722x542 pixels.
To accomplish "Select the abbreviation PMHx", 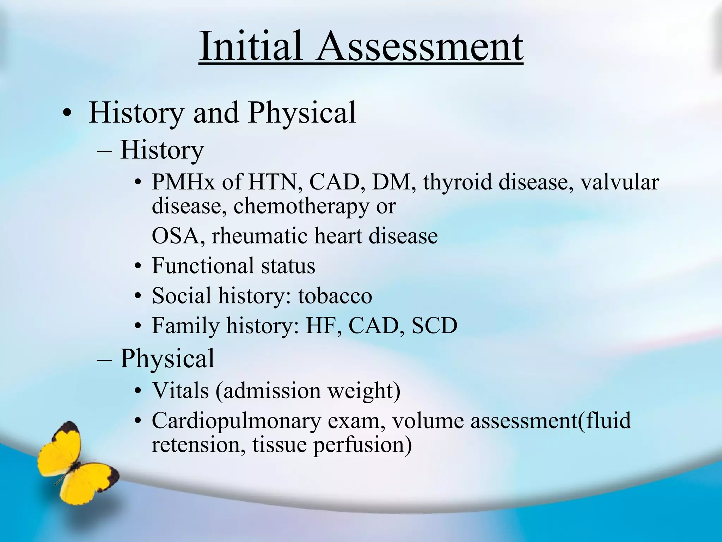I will point(183,182).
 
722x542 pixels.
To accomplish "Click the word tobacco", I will point(335,296).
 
